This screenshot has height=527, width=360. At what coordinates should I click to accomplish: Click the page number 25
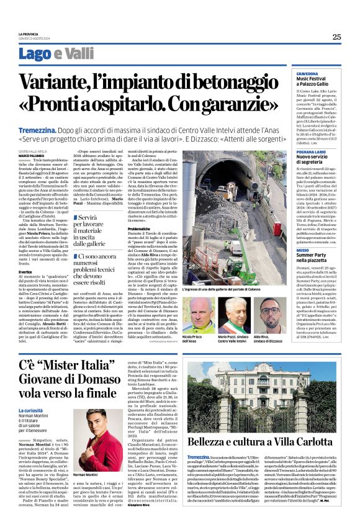[336, 37]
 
